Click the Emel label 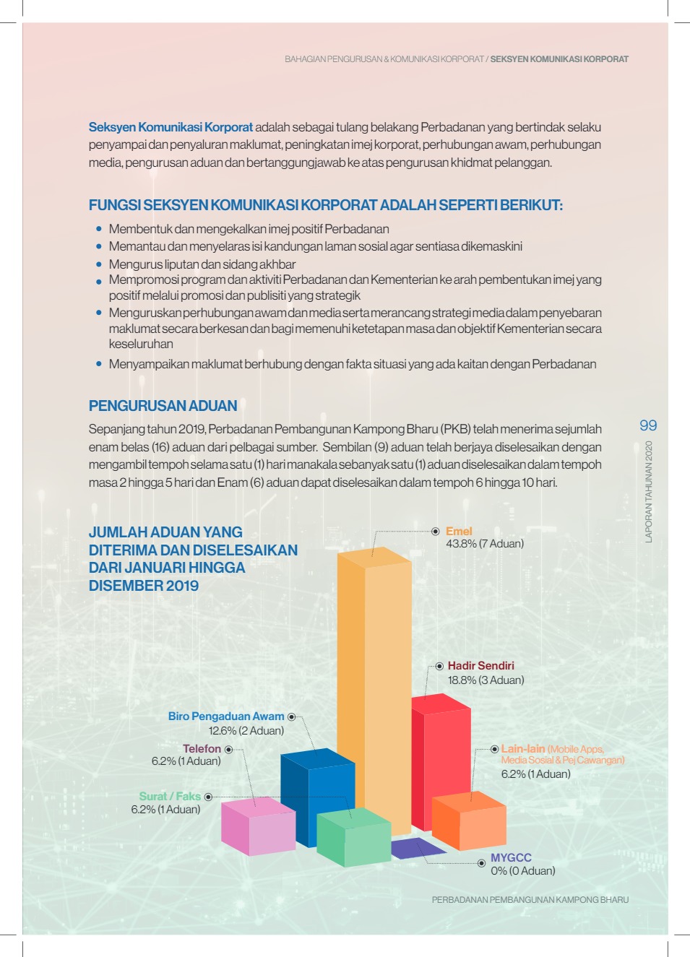point(459,532)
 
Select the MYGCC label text point(511,858)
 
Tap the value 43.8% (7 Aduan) point(485,544)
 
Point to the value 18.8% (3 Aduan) point(486,680)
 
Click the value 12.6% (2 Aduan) point(246,731)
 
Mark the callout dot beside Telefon point(228,750)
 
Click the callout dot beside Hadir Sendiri point(439,666)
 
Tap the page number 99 point(648,425)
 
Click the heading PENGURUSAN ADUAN point(163,406)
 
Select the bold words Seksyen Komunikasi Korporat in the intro point(171,127)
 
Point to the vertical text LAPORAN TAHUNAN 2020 point(649,491)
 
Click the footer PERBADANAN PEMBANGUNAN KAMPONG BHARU point(530,900)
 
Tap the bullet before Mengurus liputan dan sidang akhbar point(99,264)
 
